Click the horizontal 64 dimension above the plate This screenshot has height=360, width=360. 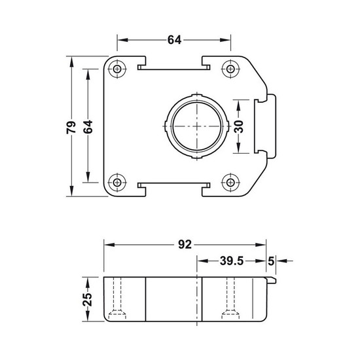click(174, 40)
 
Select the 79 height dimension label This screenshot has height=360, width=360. click(71, 127)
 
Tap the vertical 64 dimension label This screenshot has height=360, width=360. click(88, 127)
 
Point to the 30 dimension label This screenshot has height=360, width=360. click(239, 127)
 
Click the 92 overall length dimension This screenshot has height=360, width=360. click(185, 245)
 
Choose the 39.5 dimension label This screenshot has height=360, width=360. click(232, 261)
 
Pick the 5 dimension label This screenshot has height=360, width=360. click(271, 261)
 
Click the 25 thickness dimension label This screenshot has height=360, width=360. click(88, 299)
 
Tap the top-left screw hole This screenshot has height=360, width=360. click(117, 69)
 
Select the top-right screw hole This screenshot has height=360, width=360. click(230, 69)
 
